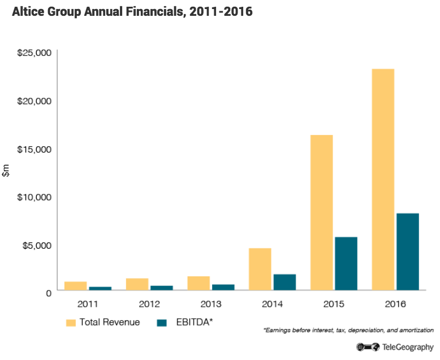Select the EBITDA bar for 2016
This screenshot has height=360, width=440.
pyautogui.click(x=407, y=251)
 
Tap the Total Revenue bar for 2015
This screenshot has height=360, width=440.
pyautogui.click(x=321, y=212)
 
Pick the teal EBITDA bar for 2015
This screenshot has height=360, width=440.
pyautogui.click(x=346, y=263)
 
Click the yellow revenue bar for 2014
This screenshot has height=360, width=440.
pyautogui.click(x=260, y=269)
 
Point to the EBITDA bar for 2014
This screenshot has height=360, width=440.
pyautogui.click(x=284, y=282)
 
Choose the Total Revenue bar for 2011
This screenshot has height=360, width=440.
pyautogui.click(x=75, y=286)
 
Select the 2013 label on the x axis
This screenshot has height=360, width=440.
pyautogui.click(x=210, y=304)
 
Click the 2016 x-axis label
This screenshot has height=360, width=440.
pyautogui.click(x=395, y=304)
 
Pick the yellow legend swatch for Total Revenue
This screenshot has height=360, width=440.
pyautogui.click(x=71, y=323)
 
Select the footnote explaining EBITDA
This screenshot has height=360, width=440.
pyautogui.click(x=348, y=329)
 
